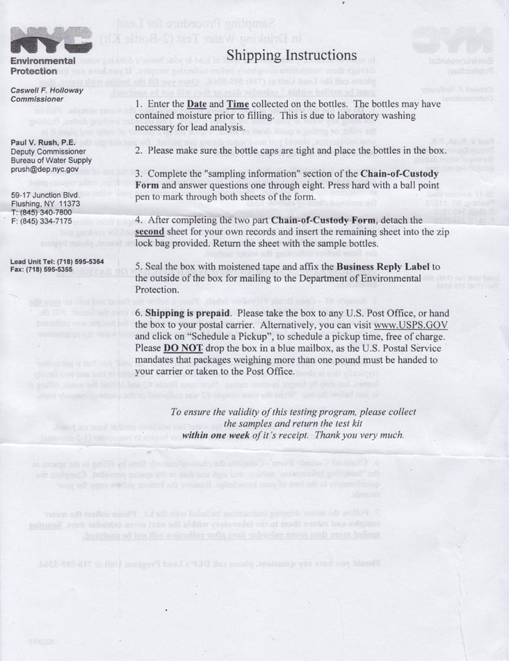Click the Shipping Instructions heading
pos(292,55)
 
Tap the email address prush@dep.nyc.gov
pos(45,168)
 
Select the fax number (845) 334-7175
pos(49,221)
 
